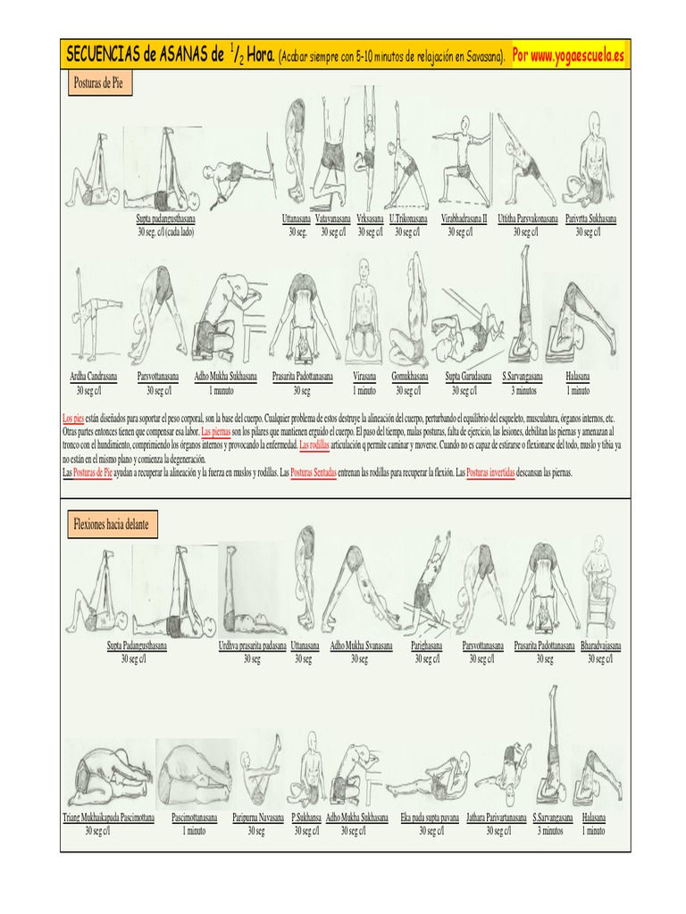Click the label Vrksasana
(x=370, y=219)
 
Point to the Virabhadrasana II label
(x=464, y=219)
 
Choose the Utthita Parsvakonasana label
(x=527, y=219)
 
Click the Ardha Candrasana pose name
(x=94, y=377)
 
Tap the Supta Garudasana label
(x=468, y=377)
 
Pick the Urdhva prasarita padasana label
(x=253, y=645)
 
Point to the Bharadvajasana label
(x=601, y=645)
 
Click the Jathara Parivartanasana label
(x=497, y=817)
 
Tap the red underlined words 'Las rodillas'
(x=315, y=444)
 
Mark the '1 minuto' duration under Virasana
(x=364, y=390)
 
